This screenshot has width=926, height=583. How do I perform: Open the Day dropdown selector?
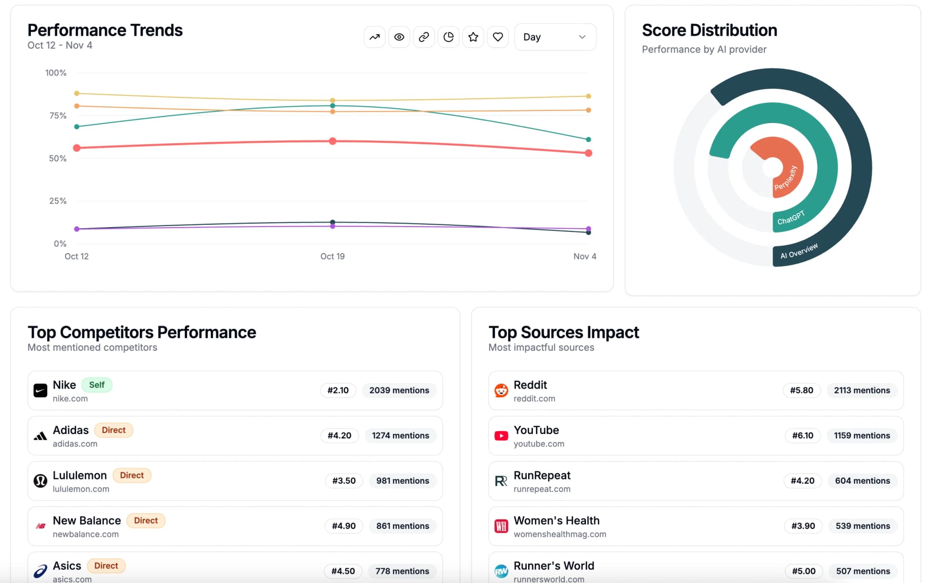point(555,37)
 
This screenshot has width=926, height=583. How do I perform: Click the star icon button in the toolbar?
point(473,37)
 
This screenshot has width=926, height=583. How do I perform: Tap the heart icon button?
point(498,37)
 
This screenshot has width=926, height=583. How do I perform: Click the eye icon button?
point(399,37)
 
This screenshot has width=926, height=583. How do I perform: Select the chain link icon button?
point(423,37)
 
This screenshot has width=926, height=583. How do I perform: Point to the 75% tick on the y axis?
point(58,116)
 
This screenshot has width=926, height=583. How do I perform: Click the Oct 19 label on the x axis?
point(332,257)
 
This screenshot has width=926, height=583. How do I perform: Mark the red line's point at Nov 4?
point(588,153)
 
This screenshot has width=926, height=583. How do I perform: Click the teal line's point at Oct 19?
point(332,106)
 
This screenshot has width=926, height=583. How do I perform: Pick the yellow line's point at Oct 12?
point(77,93)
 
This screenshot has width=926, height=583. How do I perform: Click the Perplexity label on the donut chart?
point(786,178)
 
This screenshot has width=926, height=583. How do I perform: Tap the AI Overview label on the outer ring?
point(799,251)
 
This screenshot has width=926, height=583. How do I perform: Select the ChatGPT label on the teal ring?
point(791,217)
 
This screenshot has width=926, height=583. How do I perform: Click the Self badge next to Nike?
point(96,385)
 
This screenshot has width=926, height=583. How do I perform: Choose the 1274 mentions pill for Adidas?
point(400,435)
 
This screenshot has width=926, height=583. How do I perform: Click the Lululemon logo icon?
point(41,481)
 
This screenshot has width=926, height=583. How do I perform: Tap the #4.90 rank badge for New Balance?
point(343,526)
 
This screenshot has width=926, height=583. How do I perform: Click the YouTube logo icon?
point(501,436)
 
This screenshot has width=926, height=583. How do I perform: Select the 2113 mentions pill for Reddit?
point(862,391)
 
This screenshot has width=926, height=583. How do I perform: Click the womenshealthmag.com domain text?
point(559,534)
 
